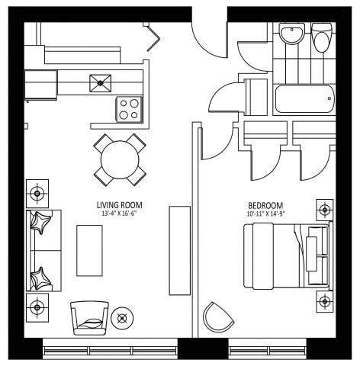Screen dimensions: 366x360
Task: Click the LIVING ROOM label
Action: point(121,206)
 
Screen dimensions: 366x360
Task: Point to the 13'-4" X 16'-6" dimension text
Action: point(121,214)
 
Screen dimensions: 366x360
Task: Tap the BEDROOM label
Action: point(265,206)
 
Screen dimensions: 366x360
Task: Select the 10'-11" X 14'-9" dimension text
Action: point(265,214)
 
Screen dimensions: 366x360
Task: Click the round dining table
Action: point(121,159)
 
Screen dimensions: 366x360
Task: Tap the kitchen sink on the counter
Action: point(100,80)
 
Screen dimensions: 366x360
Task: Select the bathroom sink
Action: point(291,34)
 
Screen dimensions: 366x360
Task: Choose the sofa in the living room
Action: point(45,250)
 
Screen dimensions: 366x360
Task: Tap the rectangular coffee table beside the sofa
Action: point(89,250)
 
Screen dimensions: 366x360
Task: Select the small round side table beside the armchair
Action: point(121,316)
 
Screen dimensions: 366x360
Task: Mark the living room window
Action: point(111,350)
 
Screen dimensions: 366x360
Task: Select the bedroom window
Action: point(266,350)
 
